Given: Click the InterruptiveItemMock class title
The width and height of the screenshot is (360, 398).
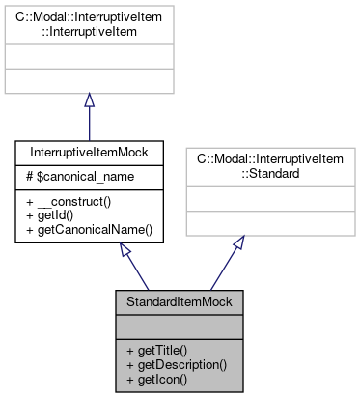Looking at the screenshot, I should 89,153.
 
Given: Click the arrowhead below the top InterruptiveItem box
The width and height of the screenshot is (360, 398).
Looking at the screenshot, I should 89,101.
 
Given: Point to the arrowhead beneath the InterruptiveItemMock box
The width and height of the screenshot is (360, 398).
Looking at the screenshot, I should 126,250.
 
